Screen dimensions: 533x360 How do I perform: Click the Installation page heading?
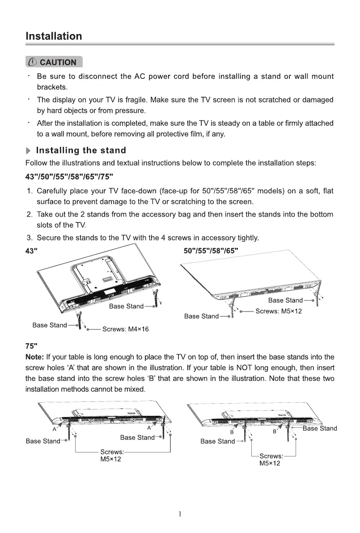coord(54,36)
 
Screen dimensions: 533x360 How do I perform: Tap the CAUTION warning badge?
coord(54,62)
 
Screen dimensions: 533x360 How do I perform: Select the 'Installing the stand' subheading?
coord(81,150)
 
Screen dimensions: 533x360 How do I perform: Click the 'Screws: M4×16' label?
coord(126,329)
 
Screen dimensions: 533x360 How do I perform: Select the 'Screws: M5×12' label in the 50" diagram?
coord(278,311)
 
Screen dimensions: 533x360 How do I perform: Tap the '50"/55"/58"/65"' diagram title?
coord(211,250)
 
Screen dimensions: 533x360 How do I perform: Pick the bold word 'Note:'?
coord(35,357)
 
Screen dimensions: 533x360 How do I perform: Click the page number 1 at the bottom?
coord(180,515)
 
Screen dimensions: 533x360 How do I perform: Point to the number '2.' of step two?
coord(30,214)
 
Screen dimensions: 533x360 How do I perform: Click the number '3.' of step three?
coord(30,238)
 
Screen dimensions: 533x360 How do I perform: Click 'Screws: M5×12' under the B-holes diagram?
coord(271,460)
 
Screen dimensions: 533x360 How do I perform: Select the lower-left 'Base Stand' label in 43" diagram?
coord(50,325)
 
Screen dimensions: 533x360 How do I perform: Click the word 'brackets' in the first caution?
coord(51,87)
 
